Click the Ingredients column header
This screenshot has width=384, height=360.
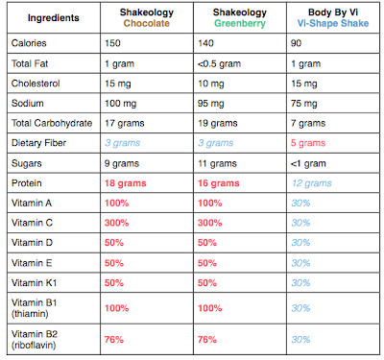coord(54,18)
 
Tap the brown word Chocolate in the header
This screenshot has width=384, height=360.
coord(147,23)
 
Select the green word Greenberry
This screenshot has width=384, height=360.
coord(240,23)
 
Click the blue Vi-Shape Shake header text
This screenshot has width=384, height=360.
coord(333,23)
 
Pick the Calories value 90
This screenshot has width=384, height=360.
coord(296,43)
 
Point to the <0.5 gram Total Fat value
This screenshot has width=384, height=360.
coord(219,63)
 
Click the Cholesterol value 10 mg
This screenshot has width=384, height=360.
coord(211,84)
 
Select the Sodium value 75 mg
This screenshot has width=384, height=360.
coord(304,104)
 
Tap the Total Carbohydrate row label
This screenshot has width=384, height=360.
coord(52,123)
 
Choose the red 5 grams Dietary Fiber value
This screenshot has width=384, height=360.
coord(308,143)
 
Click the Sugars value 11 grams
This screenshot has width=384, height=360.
coord(217,163)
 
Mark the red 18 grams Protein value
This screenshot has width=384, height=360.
coord(126,183)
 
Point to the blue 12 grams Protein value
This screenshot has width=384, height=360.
coord(312,183)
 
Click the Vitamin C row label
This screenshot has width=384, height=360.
coord(32,223)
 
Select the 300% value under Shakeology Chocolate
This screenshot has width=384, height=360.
coord(116,223)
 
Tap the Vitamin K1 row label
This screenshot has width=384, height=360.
coord(35,283)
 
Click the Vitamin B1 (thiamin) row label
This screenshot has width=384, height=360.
coord(35,308)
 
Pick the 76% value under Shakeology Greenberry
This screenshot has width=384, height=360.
coord(207,340)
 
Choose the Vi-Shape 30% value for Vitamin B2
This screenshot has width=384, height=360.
coord(300,340)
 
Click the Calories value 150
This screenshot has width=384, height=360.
coord(112,43)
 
